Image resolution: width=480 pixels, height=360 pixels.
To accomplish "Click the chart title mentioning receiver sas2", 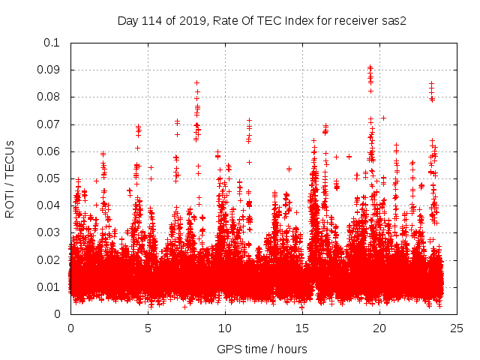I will pyautogui.click(x=262, y=21).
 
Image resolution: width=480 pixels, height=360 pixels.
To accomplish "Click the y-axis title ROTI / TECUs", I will pyautogui.click(x=10, y=178).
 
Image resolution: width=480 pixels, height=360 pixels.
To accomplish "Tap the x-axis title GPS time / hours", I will pyautogui.click(x=262, y=349).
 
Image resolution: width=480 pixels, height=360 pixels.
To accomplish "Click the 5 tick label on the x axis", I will pyautogui.click(x=148, y=328).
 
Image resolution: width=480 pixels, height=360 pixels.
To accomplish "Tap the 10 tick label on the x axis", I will pyautogui.click(x=225, y=328).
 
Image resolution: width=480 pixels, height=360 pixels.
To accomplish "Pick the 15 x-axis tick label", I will pyautogui.click(x=302, y=328).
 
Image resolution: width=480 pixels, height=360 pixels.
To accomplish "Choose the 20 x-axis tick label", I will pyautogui.click(x=379, y=328).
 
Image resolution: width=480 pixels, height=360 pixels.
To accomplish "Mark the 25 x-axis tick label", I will pyautogui.click(x=457, y=328).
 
